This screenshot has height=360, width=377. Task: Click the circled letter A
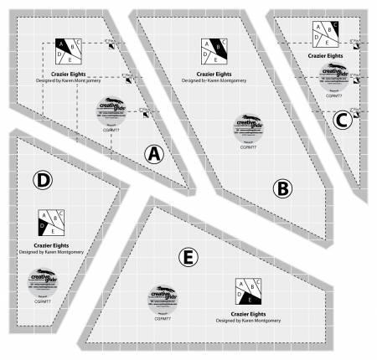click(155, 153)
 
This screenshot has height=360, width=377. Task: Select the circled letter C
click(341, 121)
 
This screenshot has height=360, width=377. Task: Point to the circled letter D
click(43, 179)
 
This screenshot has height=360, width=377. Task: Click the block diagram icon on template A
click(69, 52)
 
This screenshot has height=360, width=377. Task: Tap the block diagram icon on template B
click(215, 53)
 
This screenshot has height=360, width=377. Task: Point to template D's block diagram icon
click(51, 222)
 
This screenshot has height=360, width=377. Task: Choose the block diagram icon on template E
click(247, 291)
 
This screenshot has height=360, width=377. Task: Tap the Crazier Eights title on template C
click(333, 55)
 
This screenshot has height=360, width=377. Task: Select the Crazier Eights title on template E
click(245, 313)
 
